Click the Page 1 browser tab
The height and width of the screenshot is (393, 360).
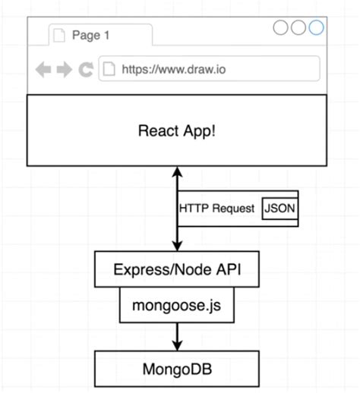coord(99,35)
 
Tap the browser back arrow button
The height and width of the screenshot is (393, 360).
coord(43,70)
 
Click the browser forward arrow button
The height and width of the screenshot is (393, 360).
coord(65,70)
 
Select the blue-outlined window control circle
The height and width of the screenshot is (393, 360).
coord(315,28)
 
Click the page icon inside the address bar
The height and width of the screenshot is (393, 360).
coord(109,70)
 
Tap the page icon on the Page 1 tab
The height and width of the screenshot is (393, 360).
coord(59,35)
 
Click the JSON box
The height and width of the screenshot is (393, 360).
coord(279,208)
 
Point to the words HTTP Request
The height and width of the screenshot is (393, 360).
coord(216,209)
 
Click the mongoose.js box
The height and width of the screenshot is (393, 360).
coord(176,307)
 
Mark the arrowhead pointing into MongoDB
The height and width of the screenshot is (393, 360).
coord(177,344)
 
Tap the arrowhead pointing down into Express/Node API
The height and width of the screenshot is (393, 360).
coord(177,247)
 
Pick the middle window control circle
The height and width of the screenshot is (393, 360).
coord(298,28)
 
